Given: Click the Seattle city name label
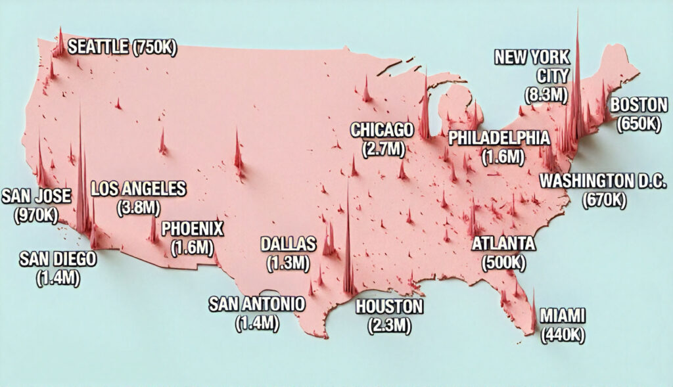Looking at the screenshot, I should coord(99,47).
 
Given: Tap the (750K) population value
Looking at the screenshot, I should coord(154,47).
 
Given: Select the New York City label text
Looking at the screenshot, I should coord(532,66).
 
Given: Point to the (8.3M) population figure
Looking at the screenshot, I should coord(546,95).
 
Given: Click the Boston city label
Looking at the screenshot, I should coord(639,105).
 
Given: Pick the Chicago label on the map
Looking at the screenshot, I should coord(382,129).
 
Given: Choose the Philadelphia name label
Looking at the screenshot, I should coord(499,138).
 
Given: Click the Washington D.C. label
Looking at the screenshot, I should coord(603,181).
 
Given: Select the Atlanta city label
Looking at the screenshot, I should coord(504,244).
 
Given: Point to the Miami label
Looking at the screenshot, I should coord(563,316).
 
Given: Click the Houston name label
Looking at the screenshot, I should coord(389,306).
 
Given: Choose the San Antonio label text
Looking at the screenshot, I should coord(257,304).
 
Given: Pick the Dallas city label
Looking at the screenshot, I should coord(289,244).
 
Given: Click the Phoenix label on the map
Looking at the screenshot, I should coord(193,229).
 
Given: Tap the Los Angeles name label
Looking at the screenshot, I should coord(139,189).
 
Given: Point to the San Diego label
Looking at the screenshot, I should coord(58,259).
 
